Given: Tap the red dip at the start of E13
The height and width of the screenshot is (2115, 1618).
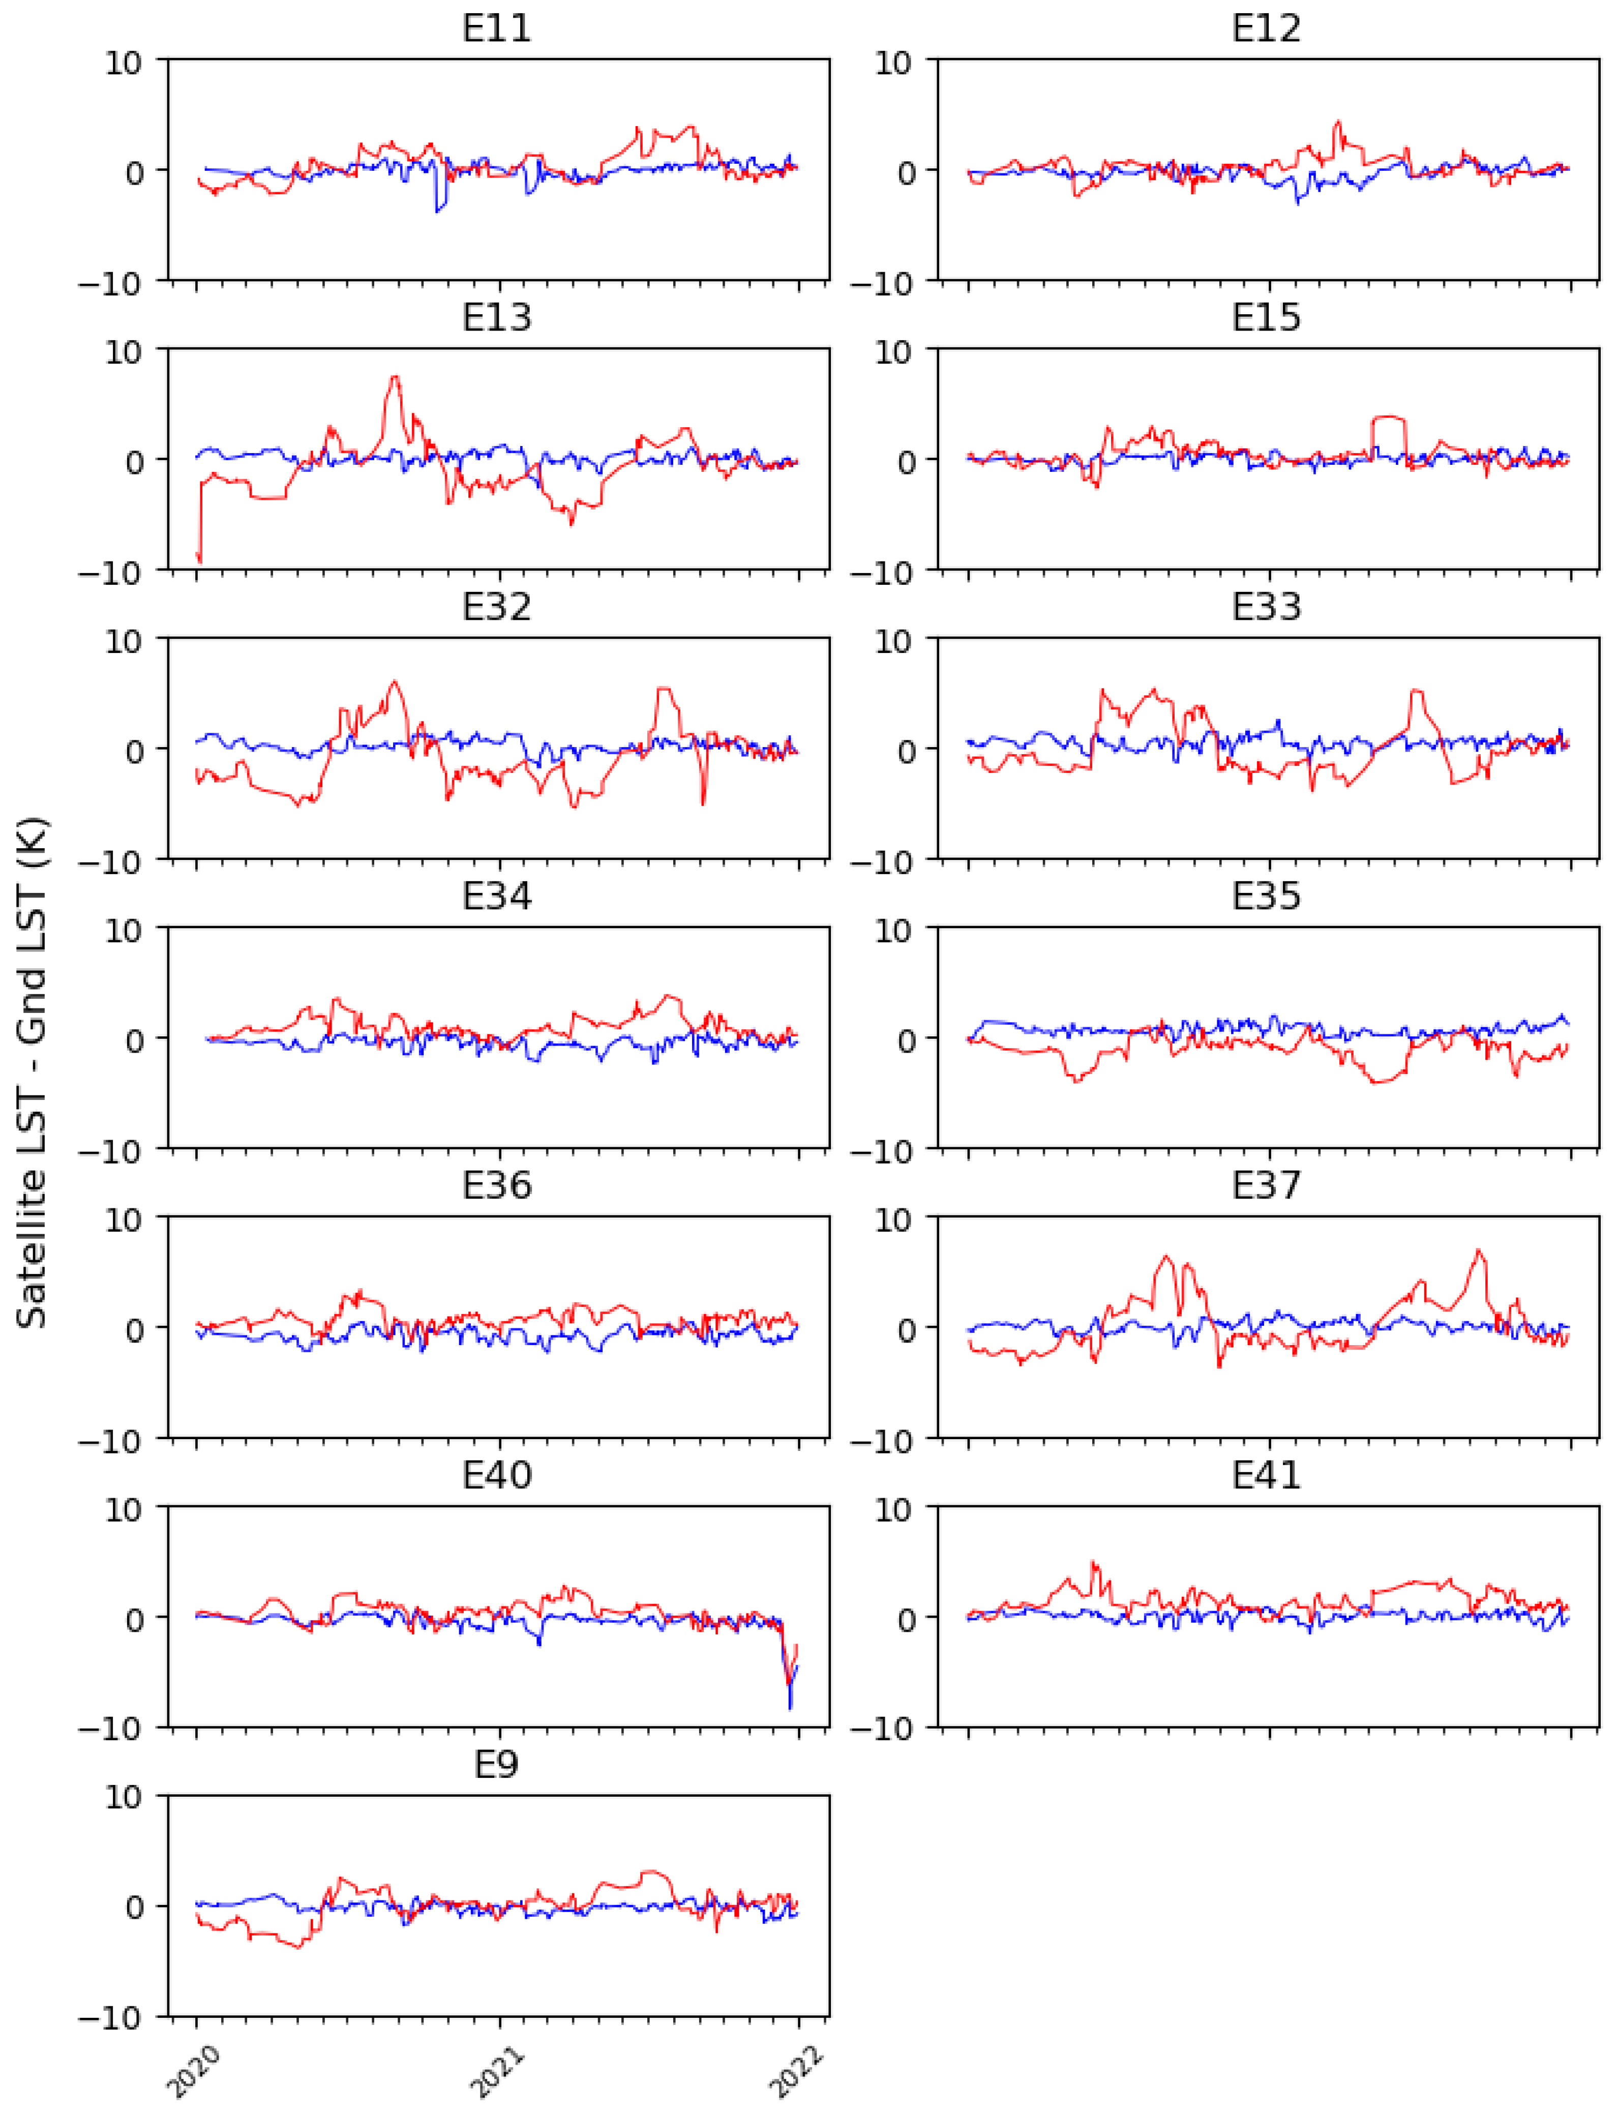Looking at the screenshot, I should [198, 558].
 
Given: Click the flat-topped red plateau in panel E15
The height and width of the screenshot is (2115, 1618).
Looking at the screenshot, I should [1388, 417].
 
